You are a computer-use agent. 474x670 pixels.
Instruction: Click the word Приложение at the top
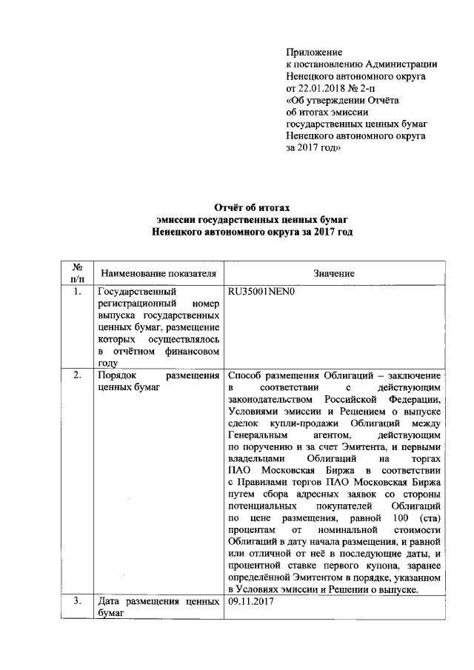pos(314,53)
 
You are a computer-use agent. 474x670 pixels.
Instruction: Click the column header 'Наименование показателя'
pos(158,273)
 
